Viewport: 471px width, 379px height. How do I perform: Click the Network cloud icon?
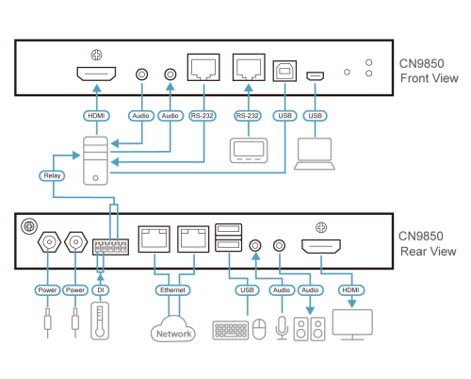173,330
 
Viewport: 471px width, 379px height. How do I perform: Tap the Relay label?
52,175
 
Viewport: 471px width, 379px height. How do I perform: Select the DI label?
100,290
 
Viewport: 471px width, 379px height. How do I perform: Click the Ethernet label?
173,290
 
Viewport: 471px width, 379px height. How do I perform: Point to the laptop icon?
315,153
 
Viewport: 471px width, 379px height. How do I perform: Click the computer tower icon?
95,157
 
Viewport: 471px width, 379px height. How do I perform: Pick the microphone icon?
281,328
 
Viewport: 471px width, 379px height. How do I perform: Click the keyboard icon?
231,330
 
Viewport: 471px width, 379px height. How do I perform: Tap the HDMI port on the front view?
96,74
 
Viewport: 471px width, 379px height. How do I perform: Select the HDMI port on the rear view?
321,247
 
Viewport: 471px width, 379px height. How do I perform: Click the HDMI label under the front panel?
96,116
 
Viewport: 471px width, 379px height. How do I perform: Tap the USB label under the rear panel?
248,290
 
